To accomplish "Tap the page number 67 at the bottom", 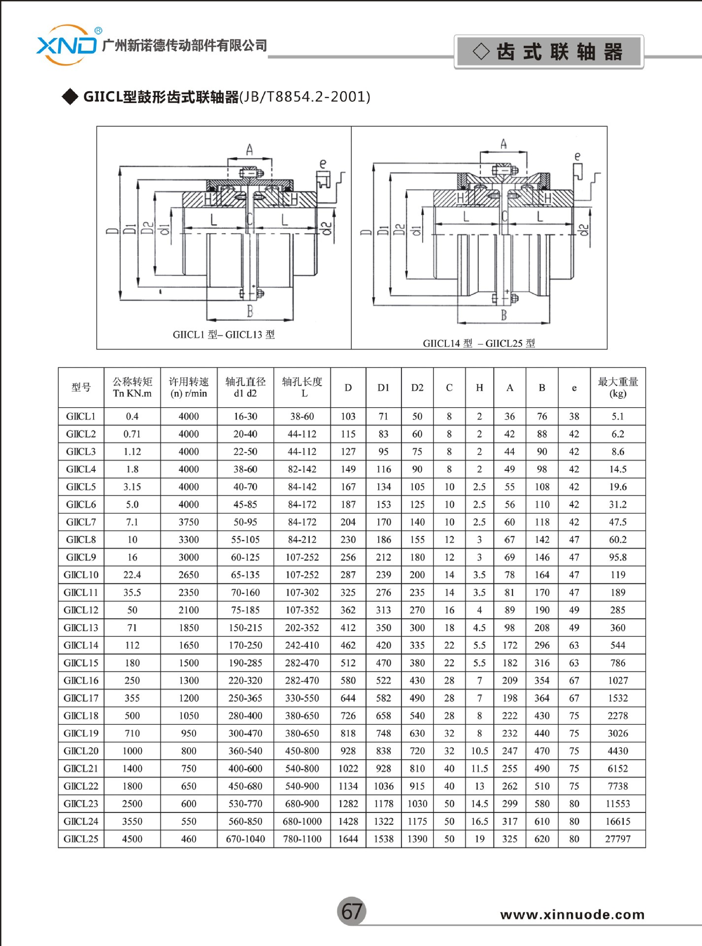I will click(352, 911).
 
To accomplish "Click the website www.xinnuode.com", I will click(572, 915).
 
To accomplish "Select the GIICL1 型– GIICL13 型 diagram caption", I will click(224, 335).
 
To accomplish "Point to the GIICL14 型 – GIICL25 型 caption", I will click(479, 343).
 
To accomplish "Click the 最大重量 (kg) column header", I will click(617, 387).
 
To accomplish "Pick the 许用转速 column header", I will click(189, 387).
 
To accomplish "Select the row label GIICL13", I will click(81, 628).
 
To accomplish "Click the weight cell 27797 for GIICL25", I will click(617, 839).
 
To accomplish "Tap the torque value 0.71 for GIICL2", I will click(132, 434).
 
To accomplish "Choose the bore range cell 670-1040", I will click(245, 839).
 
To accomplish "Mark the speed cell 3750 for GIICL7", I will click(189, 522).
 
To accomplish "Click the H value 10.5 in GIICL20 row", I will click(479, 751).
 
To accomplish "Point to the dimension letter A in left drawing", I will click(249, 149).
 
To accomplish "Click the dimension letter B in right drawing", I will click(503, 315).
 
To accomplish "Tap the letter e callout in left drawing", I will click(323, 164).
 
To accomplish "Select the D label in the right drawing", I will click(366, 232).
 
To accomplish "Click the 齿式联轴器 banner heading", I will click(548, 52).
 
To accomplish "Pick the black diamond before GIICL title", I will click(70, 97).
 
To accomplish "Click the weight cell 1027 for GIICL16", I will click(617, 681).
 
